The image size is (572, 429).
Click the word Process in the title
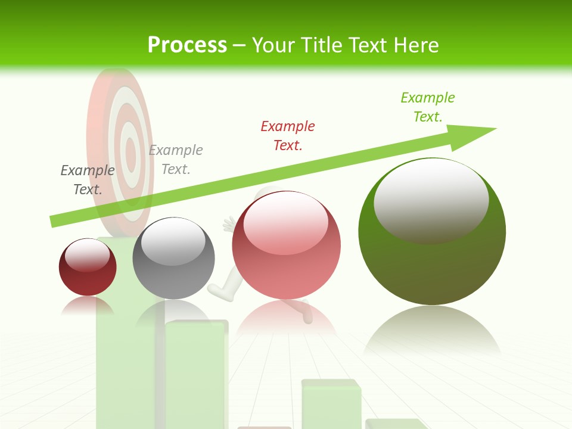tap(187, 45)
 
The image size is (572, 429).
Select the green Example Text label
tap(428, 107)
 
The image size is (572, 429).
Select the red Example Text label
tap(288, 136)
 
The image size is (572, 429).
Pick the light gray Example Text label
tap(176, 160)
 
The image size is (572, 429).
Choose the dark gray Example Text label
tap(88, 180)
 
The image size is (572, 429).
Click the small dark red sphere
tap(88, 267)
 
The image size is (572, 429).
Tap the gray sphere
tap(173, 258)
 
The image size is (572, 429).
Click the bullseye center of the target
tap(128, 146)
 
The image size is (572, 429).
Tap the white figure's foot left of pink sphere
tap(218, 290)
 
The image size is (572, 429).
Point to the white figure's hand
tap(228, 225)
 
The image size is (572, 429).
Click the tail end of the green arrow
tap(54, 221)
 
